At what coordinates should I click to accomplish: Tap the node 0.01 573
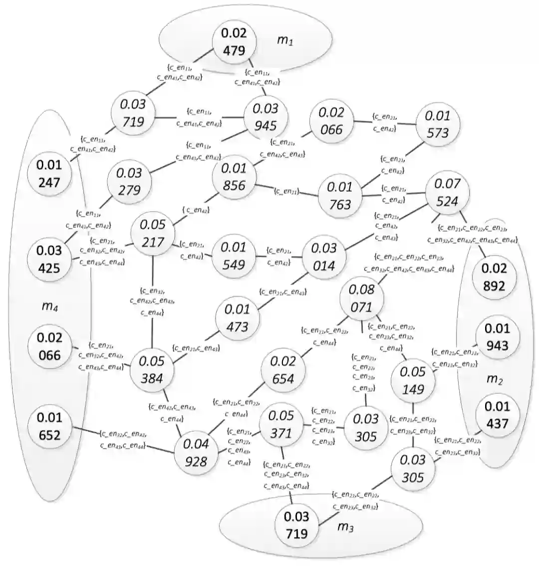pos(437,124)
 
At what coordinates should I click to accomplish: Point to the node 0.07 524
pos(447,192)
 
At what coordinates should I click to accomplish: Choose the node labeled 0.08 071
pos(361,298)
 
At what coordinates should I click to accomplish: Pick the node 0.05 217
pos(153,233)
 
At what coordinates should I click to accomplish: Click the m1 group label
pos(285,40)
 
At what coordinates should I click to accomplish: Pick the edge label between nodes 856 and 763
pos(285,191)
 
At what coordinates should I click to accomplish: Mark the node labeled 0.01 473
pos(237,317)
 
